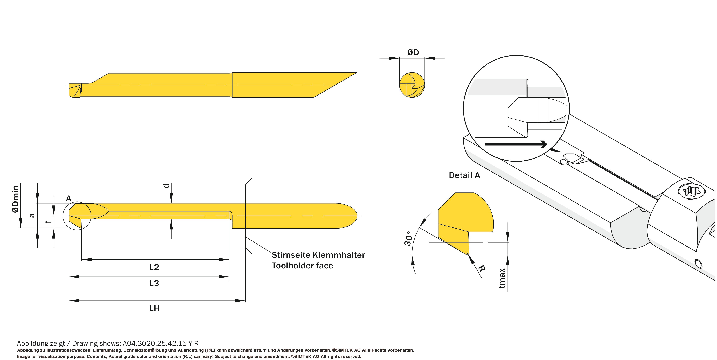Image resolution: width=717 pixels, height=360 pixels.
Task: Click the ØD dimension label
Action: click(x=413, y=52)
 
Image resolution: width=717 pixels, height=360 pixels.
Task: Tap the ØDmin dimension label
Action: click(x=16, y=199)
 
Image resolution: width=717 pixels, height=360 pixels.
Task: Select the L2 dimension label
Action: click(x=154, y=267)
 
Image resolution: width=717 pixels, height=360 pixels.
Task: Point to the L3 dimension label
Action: click(x=154, y=283)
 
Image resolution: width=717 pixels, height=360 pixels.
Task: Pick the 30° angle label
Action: click(x=408, y=238)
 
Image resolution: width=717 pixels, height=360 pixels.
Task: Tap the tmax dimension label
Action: click(x=502, y=278)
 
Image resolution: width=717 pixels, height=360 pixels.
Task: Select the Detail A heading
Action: click(x=464, y=175)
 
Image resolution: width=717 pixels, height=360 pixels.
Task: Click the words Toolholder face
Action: click(x=302, y=266)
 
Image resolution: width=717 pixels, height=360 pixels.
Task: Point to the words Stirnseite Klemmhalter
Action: click(x=318, y=255)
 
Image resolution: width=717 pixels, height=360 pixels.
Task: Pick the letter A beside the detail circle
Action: click(x=68, y=199)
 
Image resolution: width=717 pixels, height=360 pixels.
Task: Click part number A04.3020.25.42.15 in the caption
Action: click(x=154, y=343)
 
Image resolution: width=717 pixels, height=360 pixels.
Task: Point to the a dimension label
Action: click(x=32, y=215)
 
